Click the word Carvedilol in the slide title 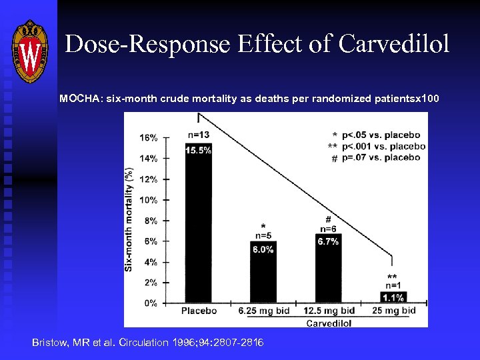pos(394,45)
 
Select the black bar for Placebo pos(199,227)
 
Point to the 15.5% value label pos(199,151)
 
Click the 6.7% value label pos(328,241)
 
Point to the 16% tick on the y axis pos(149,138)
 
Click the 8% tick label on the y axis pos(150,221)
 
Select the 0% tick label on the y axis pos(150,303)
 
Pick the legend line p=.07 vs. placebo pos(380,157)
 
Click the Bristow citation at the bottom pos(148,342)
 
